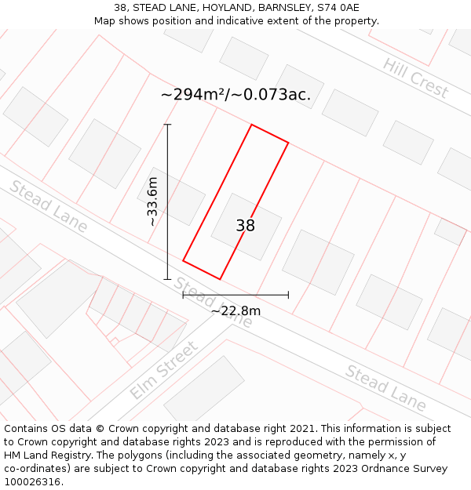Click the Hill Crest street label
pos(416,78)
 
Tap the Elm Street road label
pos(164,370)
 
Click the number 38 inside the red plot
pos(246,226)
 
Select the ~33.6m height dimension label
pos(152,201)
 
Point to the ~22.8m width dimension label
pos(235,311)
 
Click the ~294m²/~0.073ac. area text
pos(235,95)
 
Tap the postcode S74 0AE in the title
pos(338,8)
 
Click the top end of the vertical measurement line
pos(167,125)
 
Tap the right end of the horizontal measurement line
pos(288,295)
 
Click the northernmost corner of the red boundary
pos(251,125)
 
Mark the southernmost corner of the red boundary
pos(220,279)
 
